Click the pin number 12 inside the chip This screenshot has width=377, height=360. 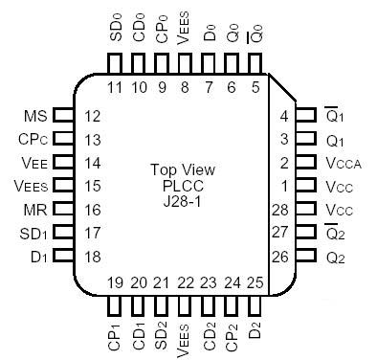pyautogui.click(x=93, y=116)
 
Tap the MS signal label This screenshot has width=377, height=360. pyautogui.click(x=34, y=116)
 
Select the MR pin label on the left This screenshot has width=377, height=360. pyautogui.click(x=34, y=208)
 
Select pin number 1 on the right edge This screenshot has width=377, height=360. pyautogui.click(x=283, y=185)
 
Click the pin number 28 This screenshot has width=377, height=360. pyautogui.click(x=280, y=208)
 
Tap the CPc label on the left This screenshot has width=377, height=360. pyautogui.click(x=33, y=139)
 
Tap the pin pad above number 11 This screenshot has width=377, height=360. pyautogui.click(x=116, y=63)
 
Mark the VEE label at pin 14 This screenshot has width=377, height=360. pyautogui.click(x=33, y=162)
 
